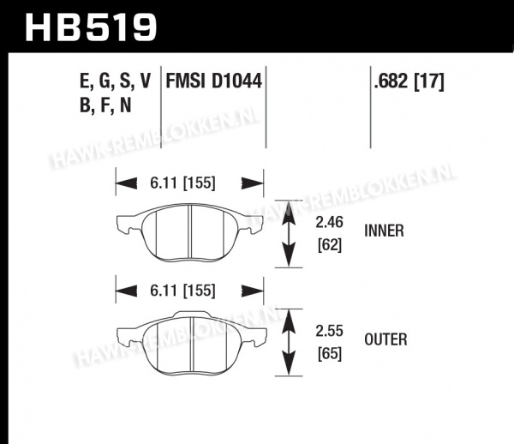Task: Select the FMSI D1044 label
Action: (213, 81)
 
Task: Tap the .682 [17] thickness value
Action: (409, 81)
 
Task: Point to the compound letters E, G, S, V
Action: (116, 81)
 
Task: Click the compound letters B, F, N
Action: (105, 105)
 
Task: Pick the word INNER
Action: (384, 231)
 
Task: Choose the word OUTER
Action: (385, 339)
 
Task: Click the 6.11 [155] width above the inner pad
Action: (182, 183)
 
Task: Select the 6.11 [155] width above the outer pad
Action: (182, 291)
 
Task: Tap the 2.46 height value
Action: (329, 222)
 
